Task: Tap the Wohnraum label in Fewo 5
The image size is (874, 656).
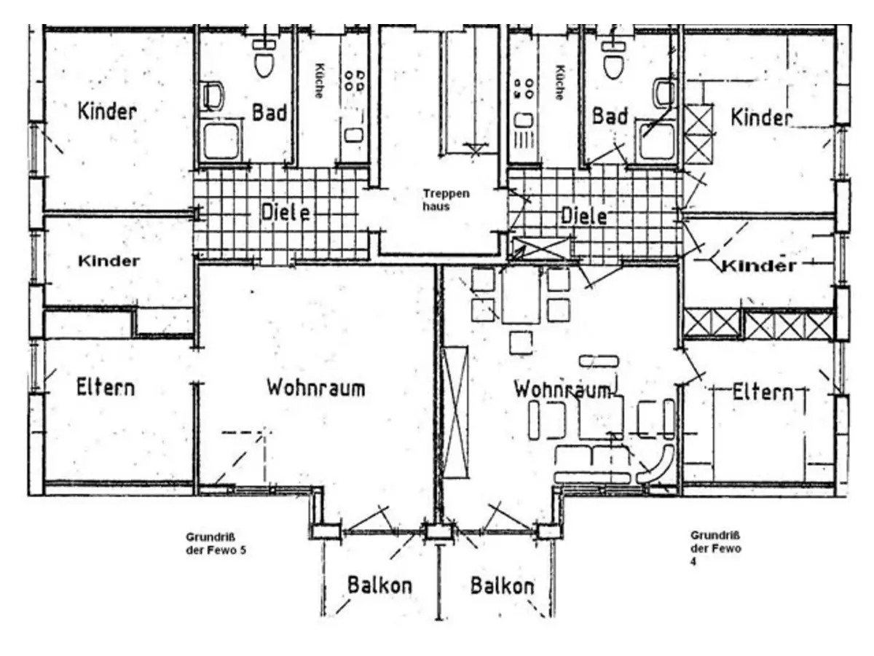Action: [x=315, y=387]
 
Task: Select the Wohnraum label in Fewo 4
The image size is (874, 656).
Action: [x=562, y=389]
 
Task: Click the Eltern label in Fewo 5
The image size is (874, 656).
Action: [x=106, y=386]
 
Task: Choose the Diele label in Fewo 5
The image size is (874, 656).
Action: [x=285, y=214]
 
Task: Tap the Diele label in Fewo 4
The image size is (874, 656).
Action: [x=584, y=216]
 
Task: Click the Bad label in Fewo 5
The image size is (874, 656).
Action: [x=269, y=113]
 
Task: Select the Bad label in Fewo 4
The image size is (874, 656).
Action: [x=610, y=115]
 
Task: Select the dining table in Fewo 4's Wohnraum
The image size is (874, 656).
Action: [x=520, y=295]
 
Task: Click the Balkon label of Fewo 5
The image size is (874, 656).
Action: [x=379, y=585]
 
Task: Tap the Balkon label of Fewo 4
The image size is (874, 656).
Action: [x=502, y=586]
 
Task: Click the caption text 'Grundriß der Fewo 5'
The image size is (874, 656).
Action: [x=216, y=544]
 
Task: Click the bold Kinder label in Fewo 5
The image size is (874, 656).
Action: [x=109, y=261]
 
